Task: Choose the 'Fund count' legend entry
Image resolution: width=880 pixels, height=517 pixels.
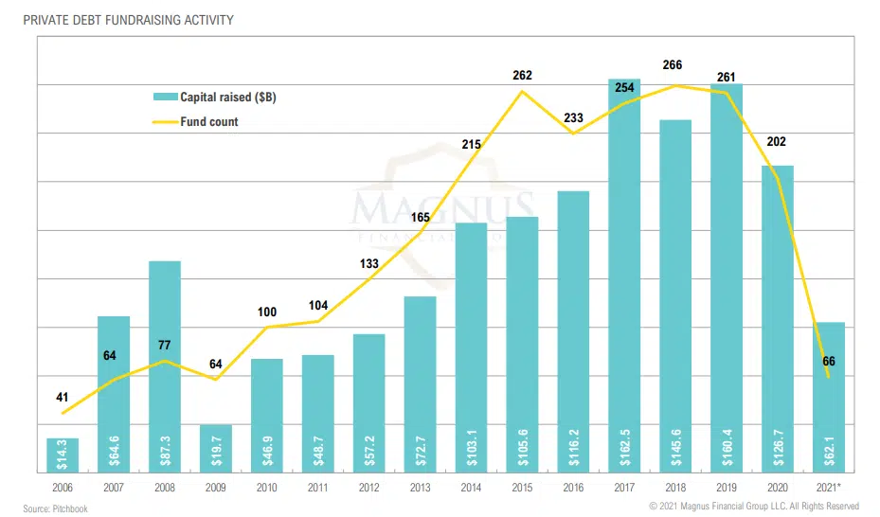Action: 208,121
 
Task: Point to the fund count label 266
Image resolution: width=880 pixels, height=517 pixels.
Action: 675,66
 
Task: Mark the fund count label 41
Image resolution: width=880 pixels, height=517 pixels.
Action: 63,397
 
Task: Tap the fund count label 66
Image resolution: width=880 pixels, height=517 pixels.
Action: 829,361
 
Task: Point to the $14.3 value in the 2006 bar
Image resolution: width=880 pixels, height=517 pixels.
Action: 63,455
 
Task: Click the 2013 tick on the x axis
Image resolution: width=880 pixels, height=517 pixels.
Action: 420,487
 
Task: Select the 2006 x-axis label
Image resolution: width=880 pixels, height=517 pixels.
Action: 63,487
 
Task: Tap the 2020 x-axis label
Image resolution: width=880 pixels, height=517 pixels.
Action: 778,487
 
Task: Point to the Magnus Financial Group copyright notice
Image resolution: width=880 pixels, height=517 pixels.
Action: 753,507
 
